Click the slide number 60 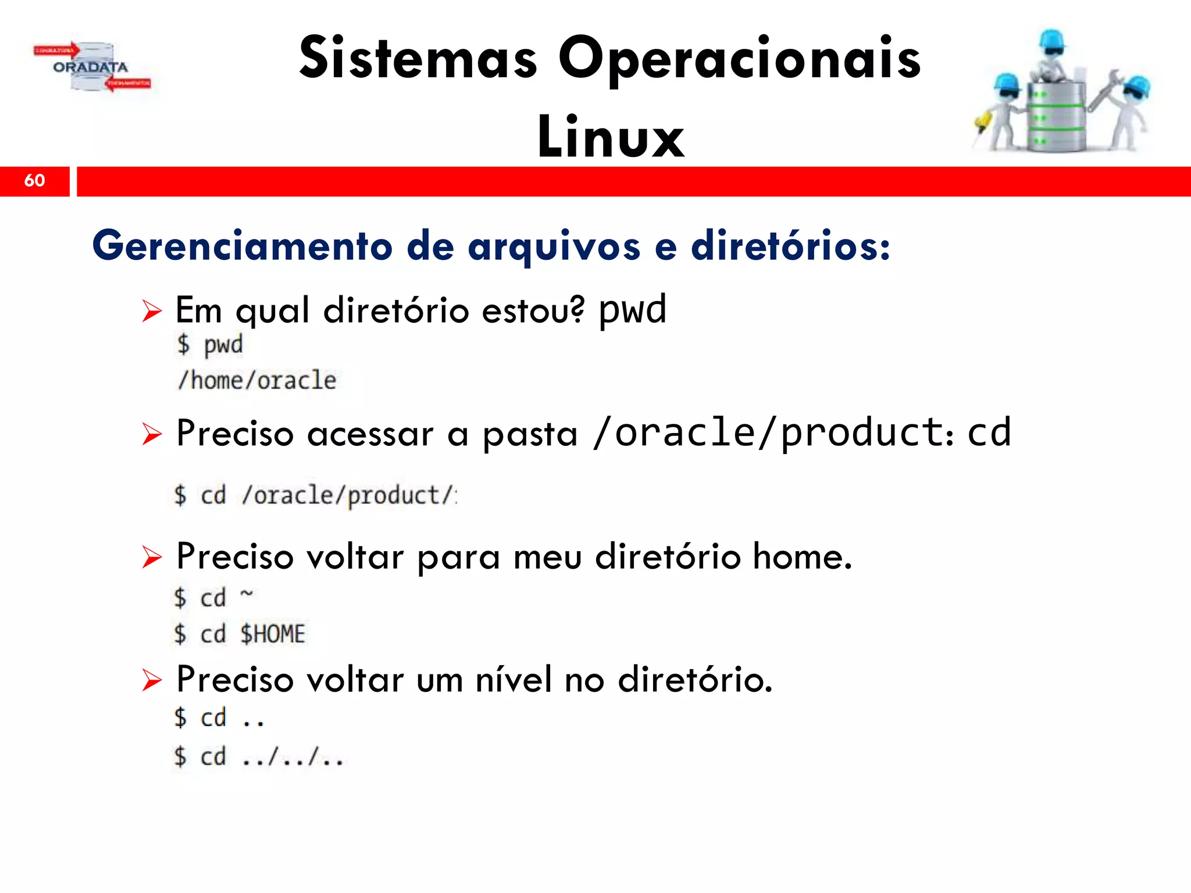34,180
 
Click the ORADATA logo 91,67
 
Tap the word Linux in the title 611,137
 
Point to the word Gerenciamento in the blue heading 243,246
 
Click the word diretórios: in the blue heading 790,246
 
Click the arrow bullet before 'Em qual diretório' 152,311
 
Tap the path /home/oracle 257,381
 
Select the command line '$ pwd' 210,345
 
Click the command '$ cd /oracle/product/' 315,495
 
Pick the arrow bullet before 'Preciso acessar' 152,434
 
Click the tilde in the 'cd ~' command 247,593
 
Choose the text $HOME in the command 273,634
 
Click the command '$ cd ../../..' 259,757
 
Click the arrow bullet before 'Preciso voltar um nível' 152,680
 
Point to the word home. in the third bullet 803,556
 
